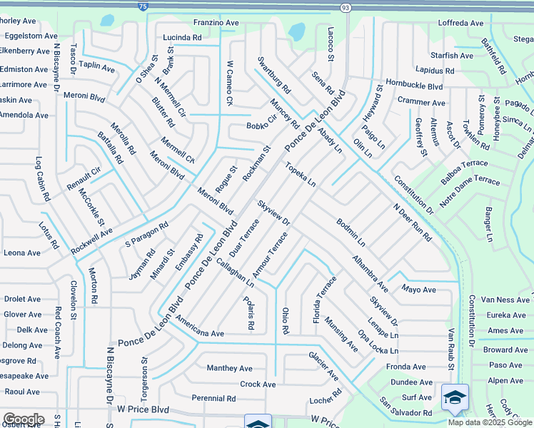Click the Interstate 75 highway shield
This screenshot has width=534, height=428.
pos(143,6)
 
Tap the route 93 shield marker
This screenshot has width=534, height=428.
pos(346,7)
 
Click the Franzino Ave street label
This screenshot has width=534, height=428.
pos(216,23)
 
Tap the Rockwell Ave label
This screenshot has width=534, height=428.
pos(91,242)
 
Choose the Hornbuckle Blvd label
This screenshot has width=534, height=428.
pos(414,86)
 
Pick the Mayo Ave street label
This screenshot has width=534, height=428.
pos(418,290)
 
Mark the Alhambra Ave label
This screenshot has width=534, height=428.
pos(369,272)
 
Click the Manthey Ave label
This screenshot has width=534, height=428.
pos(229,368)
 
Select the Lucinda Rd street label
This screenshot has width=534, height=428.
pos(182,37)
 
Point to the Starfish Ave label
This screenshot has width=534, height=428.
pos(451,56)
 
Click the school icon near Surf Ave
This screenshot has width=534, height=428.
pos(455,398)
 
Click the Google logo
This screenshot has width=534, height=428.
pos(23,419)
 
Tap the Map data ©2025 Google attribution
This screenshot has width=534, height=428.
pos(490,422)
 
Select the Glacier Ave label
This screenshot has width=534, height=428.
pos(323,365)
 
